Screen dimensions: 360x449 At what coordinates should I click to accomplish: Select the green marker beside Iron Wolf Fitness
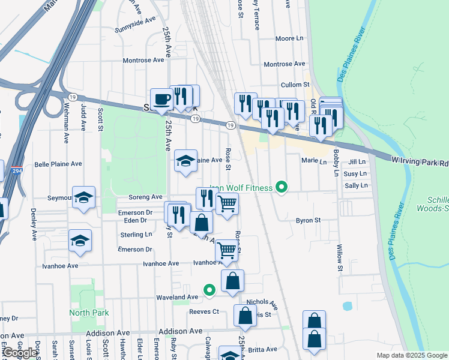point(279,188)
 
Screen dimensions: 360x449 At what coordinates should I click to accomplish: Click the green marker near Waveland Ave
point(209,290)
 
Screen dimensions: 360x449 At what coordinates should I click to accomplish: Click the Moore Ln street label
point(289,38)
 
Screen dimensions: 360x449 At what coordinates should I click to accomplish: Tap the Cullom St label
point(297,85)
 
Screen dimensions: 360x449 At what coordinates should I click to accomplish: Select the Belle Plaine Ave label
point(58,164)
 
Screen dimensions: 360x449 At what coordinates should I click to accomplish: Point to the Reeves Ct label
point(204,311)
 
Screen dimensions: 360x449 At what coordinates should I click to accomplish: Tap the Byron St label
point(308,220)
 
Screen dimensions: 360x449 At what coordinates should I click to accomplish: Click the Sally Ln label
point(356,186)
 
